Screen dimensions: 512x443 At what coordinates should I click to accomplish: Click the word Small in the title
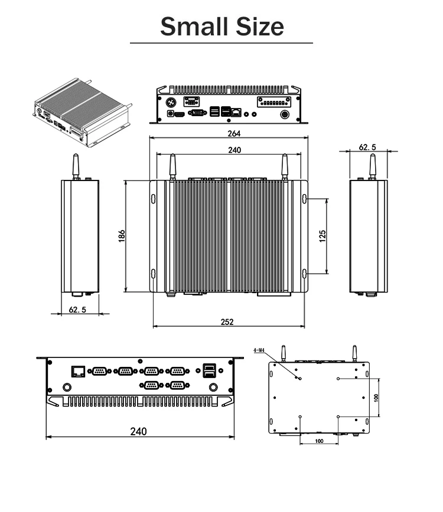(187, 27)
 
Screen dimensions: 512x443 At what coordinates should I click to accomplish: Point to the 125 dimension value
(323, 236)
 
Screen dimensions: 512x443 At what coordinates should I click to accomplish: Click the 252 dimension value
(227, 321)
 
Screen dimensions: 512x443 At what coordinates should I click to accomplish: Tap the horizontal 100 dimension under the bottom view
(319, 441)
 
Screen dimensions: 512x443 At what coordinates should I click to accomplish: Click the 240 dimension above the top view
(234, 150)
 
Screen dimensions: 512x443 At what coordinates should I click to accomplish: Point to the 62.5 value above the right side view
(367, 147)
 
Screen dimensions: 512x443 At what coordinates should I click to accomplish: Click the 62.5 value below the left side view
(77, 309)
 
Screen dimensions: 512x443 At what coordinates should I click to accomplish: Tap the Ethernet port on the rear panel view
(77, 371)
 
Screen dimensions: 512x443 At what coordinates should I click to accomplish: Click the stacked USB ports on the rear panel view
(209, 370)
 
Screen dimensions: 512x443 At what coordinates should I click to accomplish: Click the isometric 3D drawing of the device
(80, 112)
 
